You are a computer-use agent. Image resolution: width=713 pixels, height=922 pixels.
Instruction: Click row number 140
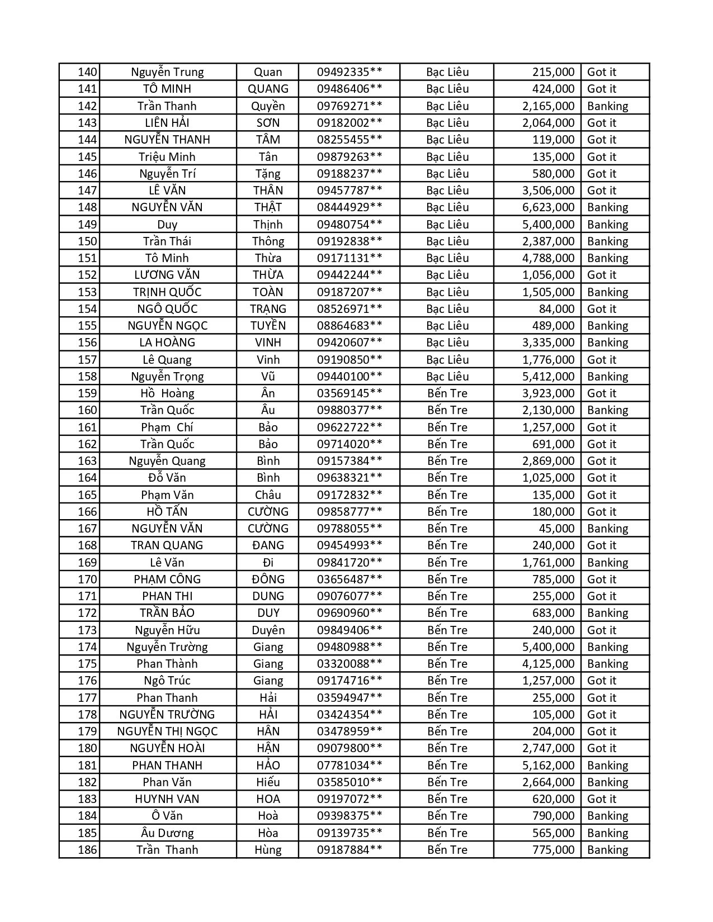(87, 72)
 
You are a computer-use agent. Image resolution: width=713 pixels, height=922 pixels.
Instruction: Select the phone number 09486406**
(350, 89)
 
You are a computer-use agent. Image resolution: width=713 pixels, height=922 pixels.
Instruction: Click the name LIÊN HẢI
(167, 123)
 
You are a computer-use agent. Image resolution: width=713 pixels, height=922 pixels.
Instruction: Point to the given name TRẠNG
(268, 309)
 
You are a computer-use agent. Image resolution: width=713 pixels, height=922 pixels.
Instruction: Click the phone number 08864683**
(350, 326)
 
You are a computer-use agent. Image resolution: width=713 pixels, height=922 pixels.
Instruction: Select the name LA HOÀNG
(167, 343)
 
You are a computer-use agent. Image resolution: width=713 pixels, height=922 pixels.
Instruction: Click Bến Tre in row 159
(447, 393)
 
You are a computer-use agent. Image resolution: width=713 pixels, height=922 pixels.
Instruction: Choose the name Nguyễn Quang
(167, 461)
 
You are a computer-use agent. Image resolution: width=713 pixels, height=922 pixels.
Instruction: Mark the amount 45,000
(556, 529)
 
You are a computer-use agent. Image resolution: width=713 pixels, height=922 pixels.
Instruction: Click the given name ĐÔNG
(268, 579)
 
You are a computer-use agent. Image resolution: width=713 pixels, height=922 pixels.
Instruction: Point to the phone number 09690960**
(350, 613)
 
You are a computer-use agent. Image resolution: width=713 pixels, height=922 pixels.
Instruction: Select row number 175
(87, 664)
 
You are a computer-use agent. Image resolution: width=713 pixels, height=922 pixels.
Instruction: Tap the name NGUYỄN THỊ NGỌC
(167, 731)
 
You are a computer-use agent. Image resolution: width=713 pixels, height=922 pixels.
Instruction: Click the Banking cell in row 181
(607, 766)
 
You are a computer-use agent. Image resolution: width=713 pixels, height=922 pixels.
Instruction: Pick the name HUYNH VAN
(167, 799)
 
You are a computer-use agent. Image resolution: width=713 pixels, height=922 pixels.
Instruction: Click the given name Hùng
(268, 850)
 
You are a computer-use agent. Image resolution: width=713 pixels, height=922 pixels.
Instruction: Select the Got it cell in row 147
(601, 191)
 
